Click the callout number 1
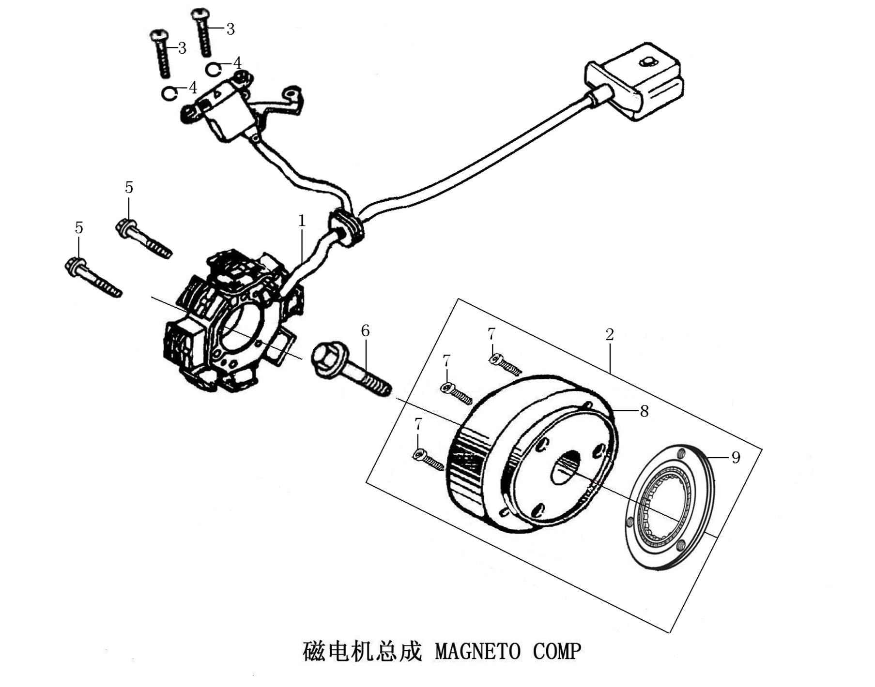[x=302, y=221]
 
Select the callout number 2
[x=610, y=334]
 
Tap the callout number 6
[x=365, y=331]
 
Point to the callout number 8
[x=644, y=411]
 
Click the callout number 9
[x=736, y=457]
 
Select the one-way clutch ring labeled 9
[x=670, y=506]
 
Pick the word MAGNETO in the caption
[x=477, y=652]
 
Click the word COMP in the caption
[x=557, y=652]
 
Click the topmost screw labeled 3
[x=202, y=31]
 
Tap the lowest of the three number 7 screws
[x=428, y=459]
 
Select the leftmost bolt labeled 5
[x=92, y=278]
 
